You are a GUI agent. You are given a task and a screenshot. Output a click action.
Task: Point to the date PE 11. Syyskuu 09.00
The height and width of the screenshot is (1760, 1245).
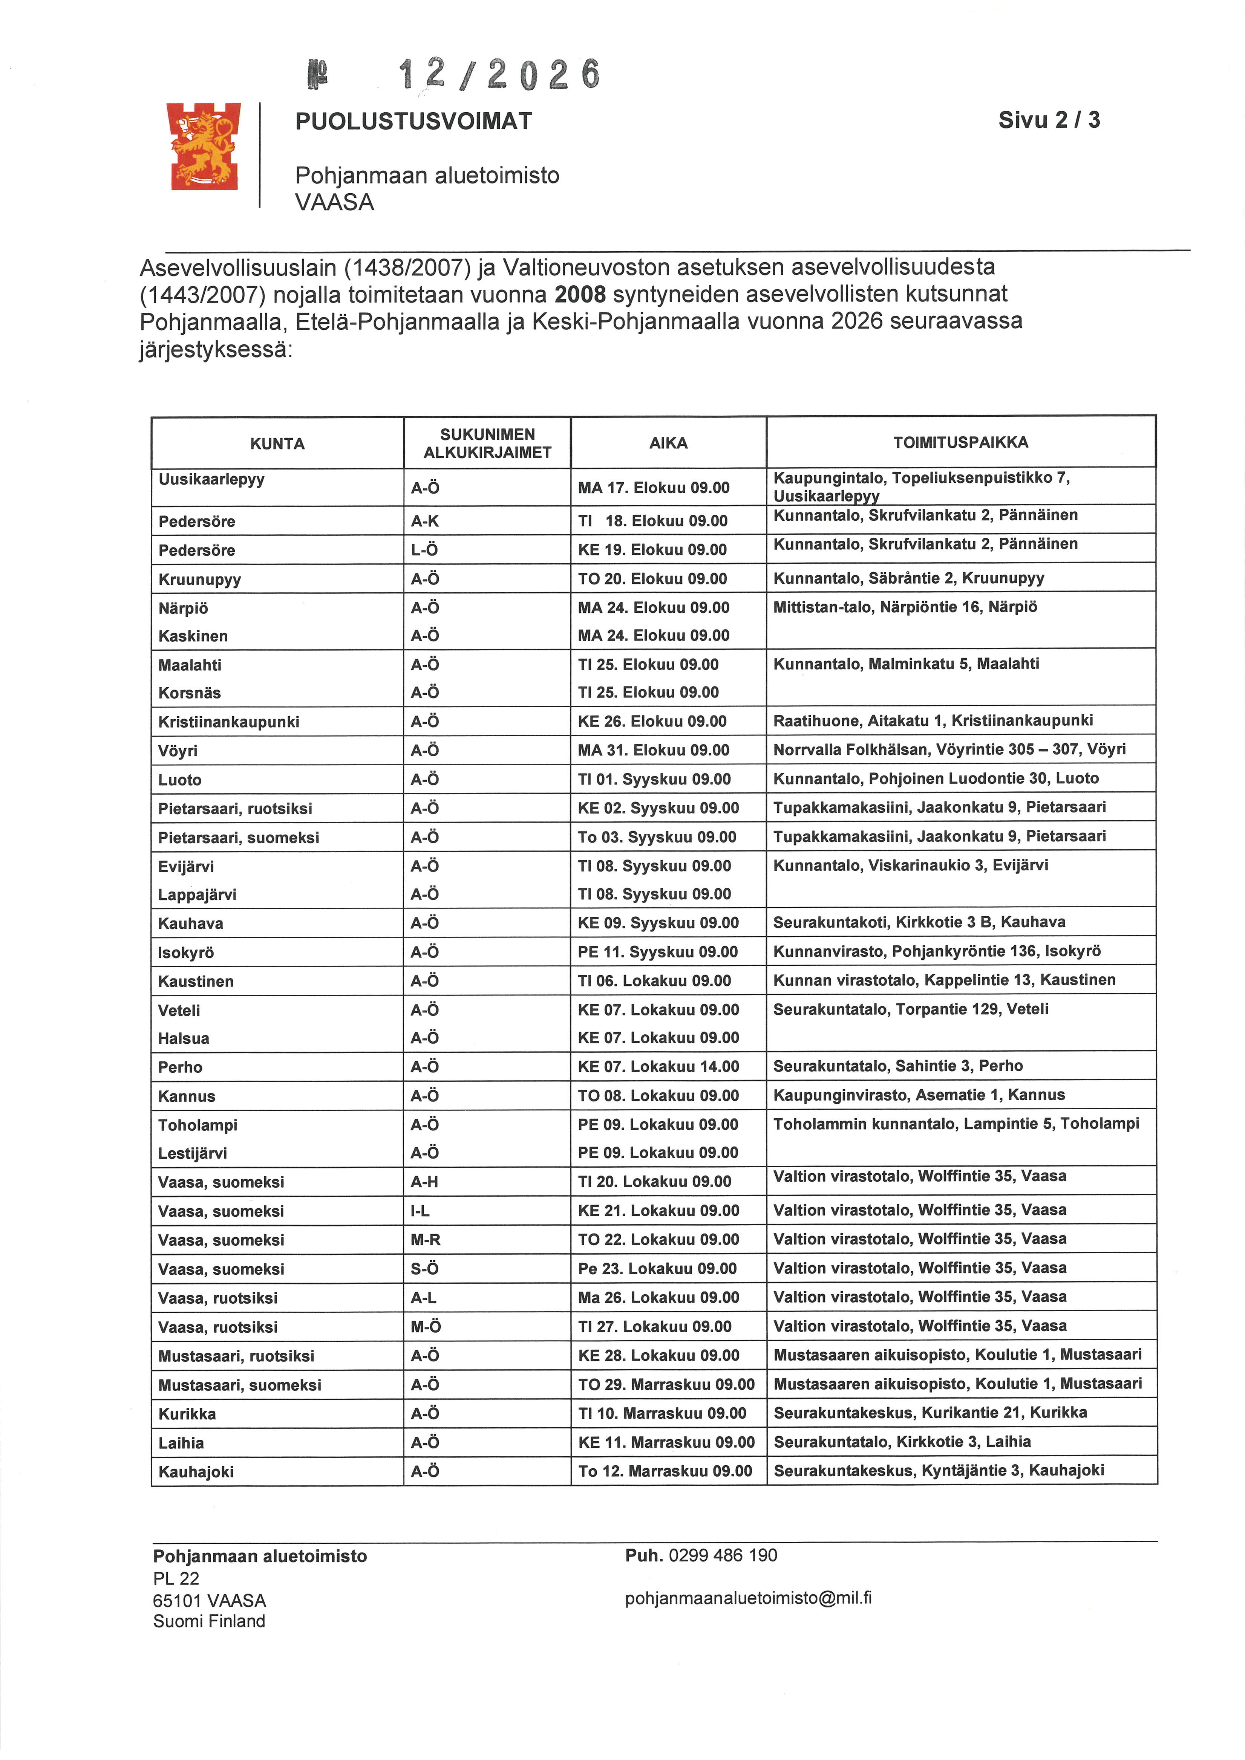tap(657, 952)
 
